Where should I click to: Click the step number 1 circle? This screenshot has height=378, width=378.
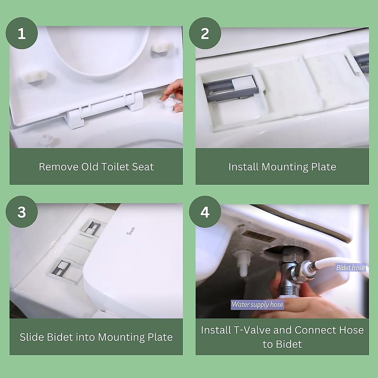(22, 33)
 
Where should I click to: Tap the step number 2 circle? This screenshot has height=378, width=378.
(205, 33)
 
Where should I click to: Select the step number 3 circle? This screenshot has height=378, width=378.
(22, 212)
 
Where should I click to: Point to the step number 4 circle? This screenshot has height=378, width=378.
(205, 212)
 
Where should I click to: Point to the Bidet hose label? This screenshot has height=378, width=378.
(350, 268)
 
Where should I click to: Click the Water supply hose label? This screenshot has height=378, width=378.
(257, 304)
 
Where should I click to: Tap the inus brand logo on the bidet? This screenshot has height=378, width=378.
(132, 232)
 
